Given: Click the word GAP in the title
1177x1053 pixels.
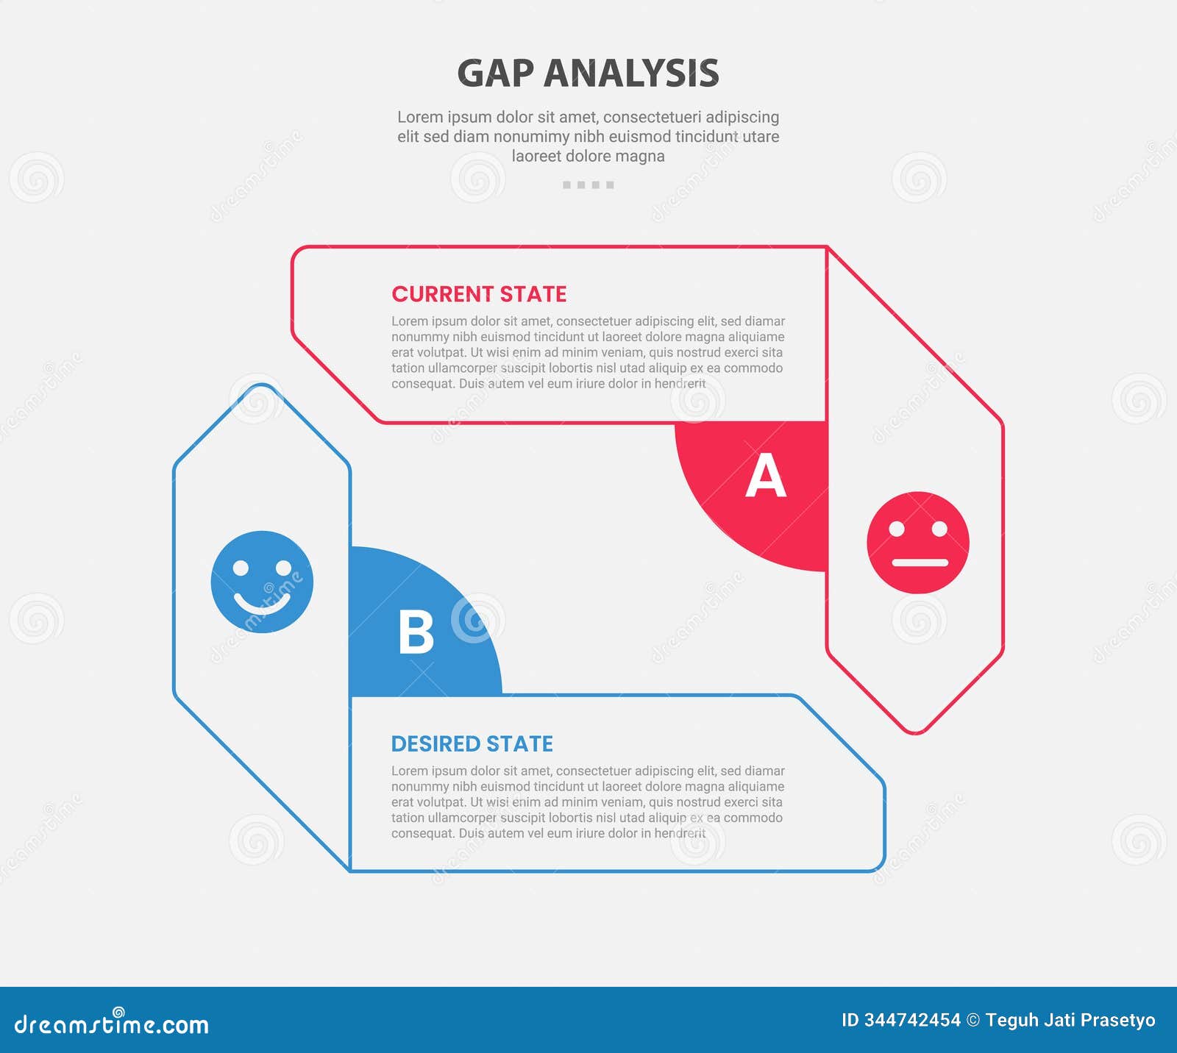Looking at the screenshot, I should click(x=495, y=74).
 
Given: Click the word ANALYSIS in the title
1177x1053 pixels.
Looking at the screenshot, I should click(x=631, y=74).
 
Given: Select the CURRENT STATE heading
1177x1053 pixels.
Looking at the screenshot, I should click(x=479, y=294).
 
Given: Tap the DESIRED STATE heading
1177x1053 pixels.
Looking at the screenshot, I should click(x=472, y=744).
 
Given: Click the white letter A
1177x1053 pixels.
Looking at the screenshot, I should click(x=765, y=476).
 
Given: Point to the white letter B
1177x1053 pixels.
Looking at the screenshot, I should click(x=416, y=632).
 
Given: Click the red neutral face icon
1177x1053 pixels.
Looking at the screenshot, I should click(x=918, y=543).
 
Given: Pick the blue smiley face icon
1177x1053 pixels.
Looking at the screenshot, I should click(x=262, y=582).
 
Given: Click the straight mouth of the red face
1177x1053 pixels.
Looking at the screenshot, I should click(x=920, y=563).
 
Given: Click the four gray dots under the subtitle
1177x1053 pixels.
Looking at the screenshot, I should click(x=588, y=185).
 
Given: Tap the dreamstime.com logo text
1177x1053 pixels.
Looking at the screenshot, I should click(x=112, y=1024).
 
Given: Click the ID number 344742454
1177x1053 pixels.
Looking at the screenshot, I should click(x=912, y=1021).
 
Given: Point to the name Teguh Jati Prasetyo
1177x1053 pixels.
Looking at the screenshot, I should click(x=1070, y=1021).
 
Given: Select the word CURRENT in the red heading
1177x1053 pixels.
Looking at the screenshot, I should click(x=442, y=294).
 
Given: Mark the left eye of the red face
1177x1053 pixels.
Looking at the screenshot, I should click(x=897, y=528).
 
